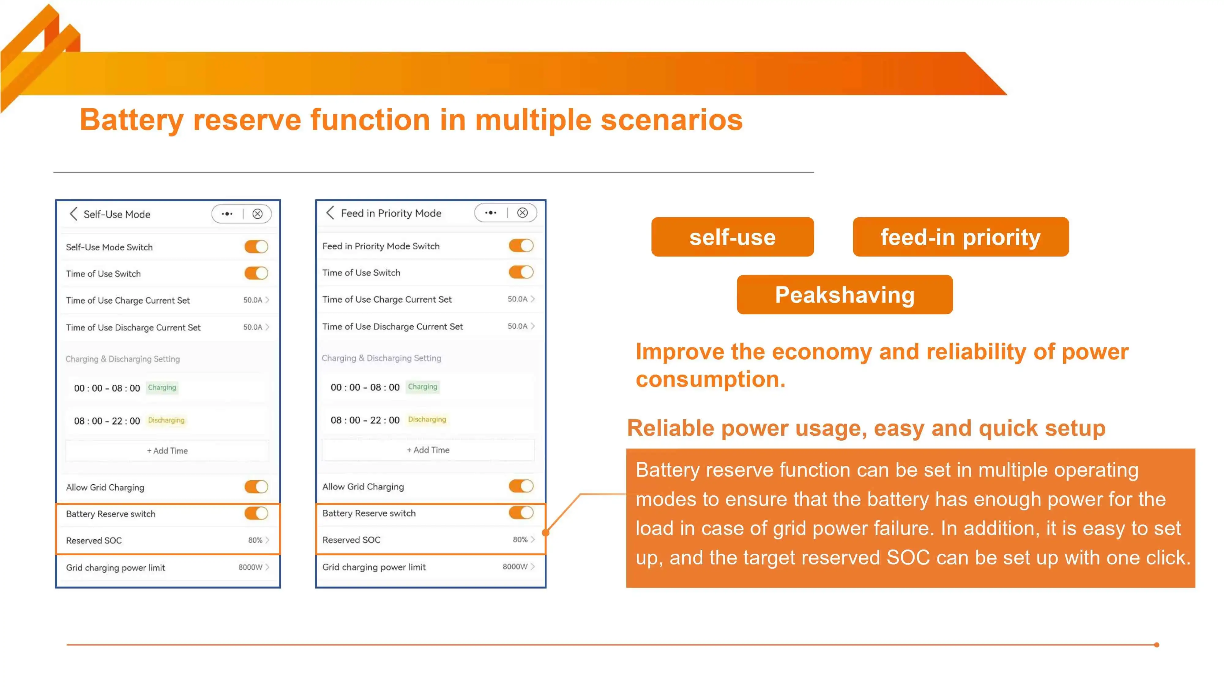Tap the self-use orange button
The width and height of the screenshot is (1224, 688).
[x=732, y=237]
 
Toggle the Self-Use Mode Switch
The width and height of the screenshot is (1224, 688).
[x=256, y=246]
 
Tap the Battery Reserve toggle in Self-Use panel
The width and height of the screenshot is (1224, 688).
[x=256, y=513]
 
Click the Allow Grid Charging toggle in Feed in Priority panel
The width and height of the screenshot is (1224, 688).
[x=521, y=486]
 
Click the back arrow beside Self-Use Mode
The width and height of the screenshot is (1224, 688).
[x=73, y=214]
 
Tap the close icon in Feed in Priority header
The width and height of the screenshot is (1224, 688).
[x=522, y=213]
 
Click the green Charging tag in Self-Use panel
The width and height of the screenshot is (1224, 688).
[x=162, y=387]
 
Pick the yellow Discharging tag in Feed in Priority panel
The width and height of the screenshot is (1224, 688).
[x=427, y=419]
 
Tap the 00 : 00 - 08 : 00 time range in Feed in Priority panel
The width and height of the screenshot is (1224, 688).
[x=365, y=387]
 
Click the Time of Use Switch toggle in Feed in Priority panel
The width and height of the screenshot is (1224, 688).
[x=521, y=272]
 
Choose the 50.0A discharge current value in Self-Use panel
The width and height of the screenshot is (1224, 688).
[x=253, y=327]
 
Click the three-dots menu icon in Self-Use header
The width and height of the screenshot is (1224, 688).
[x=227, y=214]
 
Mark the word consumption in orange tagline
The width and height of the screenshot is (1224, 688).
[x=710, y=379]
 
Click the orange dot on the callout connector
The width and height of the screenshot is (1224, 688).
[x=546, y=533]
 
